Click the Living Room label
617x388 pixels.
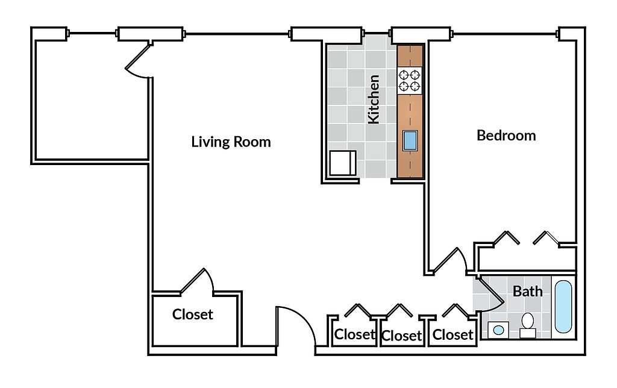coord(231,142)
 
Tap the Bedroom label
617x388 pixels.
coord(506,136)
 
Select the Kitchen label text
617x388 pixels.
coord(374,99)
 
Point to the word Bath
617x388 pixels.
coord(527,291)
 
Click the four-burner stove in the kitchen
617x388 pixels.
coord(410,80)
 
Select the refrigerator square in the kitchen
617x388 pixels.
coord(343,163)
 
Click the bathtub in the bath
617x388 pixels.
coord(563,307)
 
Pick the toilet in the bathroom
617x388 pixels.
coord(527,326)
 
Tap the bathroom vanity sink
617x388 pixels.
coord(498,330)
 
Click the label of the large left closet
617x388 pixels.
coord(192,314)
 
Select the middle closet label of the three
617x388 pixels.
coord(401,336)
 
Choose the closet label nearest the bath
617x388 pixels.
coord(453,334)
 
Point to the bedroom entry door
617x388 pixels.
coord(448,260)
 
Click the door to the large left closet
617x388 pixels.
coord(197,281)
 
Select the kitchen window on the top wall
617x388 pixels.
coord(377,34)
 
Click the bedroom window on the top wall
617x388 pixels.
coord(504,34)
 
